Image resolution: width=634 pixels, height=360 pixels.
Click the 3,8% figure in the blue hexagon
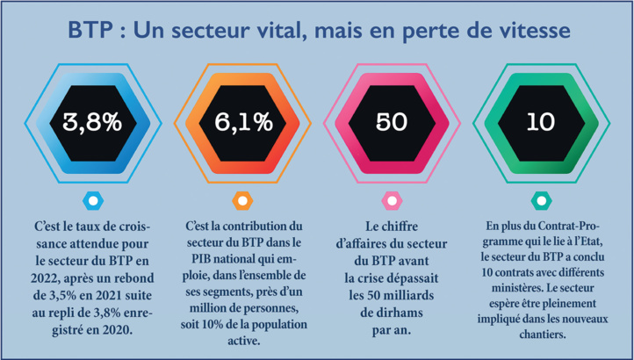click(x=90, y=122)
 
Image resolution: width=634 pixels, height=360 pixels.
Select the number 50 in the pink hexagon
click(x=392, y=122)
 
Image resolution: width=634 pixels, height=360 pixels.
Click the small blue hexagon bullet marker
click(x=90, y=201)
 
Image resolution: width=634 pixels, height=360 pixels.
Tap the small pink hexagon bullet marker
click(x=392, y=201)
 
